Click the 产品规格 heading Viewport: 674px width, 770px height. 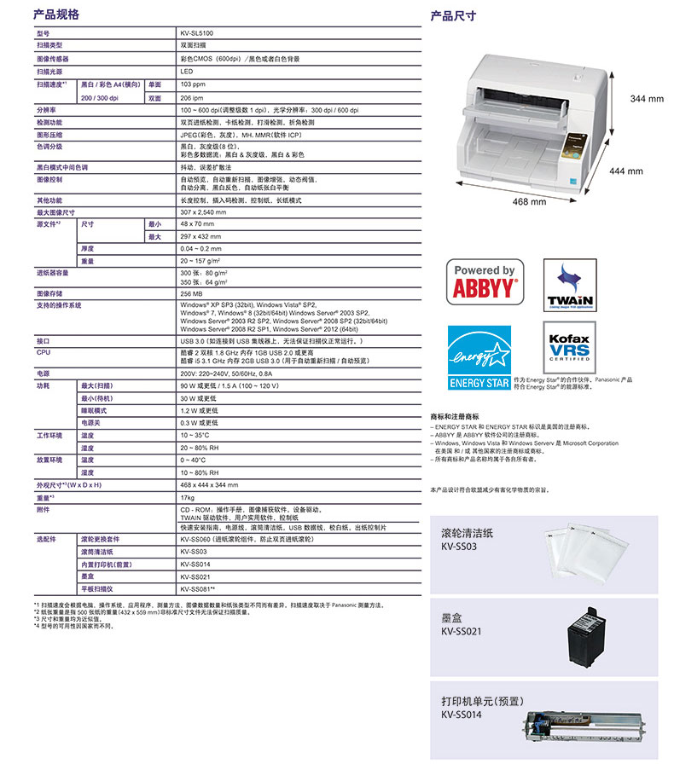click(55, 14)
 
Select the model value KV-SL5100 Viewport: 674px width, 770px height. click(197, 32)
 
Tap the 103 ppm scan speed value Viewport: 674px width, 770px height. click(193, 84)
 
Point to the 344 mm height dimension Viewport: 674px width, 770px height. click(646, 99)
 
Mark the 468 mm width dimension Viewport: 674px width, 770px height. click(529, 202)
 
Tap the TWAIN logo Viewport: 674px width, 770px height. click(571, 287)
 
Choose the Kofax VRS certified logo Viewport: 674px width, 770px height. click(569, 344)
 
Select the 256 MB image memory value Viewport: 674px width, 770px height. click(192, 293)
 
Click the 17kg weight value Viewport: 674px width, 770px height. click(188, 496)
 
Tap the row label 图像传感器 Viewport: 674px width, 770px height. click(53, 59)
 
